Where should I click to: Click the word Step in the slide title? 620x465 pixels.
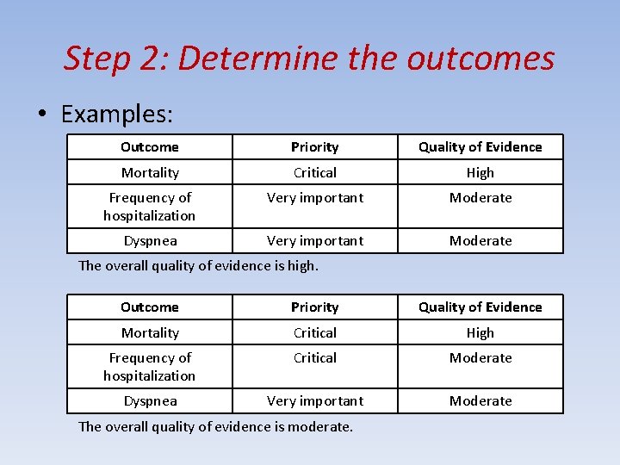96,59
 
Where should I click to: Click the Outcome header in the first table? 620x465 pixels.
150,147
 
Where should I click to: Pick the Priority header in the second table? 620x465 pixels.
315,307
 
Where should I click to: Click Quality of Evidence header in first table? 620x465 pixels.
480,147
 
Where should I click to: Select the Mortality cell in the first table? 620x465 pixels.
150,172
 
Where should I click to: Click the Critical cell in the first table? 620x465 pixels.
315,172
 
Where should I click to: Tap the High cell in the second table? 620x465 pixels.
480,332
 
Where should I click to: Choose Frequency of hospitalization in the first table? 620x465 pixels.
150,207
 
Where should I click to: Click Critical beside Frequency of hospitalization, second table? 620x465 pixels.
315,357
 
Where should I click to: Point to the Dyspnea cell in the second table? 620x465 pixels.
150,400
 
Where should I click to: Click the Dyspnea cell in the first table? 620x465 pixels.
150,240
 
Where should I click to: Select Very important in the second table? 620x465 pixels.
315,400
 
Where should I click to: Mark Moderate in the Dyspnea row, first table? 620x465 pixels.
480,240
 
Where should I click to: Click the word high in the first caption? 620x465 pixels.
301,265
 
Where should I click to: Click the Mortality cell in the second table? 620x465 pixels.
150,332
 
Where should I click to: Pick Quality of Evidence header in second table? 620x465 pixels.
480,307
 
